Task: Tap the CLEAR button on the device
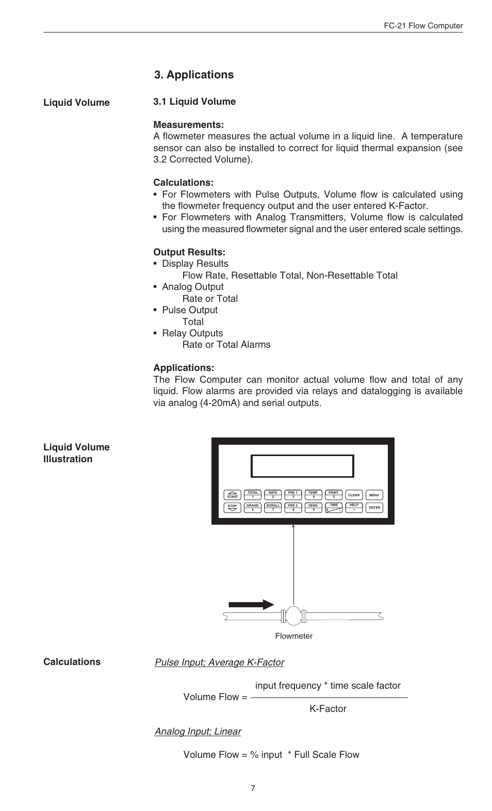(354, 495)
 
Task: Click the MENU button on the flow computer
(374, 495)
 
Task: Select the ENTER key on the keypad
(374, 508)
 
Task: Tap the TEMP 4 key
(313, 495)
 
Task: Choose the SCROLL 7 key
(273, 508)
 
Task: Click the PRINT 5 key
(334, 495)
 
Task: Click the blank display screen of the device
(302, 466)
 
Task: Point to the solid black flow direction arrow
(251, 605)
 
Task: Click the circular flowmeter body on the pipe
(293, 615)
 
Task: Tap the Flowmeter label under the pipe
(293, 636)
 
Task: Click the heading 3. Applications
(193, 75)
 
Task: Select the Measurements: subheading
(188, 125)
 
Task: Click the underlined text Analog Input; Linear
(198, 732)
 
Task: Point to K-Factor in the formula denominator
(328, 709)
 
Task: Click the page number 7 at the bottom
(253, 788)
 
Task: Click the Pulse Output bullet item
(189, 310)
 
